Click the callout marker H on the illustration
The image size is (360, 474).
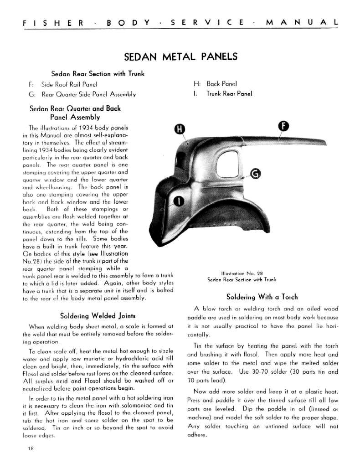tap(180, 129)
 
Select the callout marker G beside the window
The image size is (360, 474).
tap(256, 173)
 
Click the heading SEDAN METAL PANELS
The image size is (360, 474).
tap(180, 57)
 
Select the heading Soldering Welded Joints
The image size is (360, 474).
tap(98, 316)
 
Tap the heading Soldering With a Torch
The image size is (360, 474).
tap(263, 297)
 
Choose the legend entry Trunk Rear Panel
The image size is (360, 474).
tap(229, 94)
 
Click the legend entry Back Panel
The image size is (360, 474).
tap(222, 84)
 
